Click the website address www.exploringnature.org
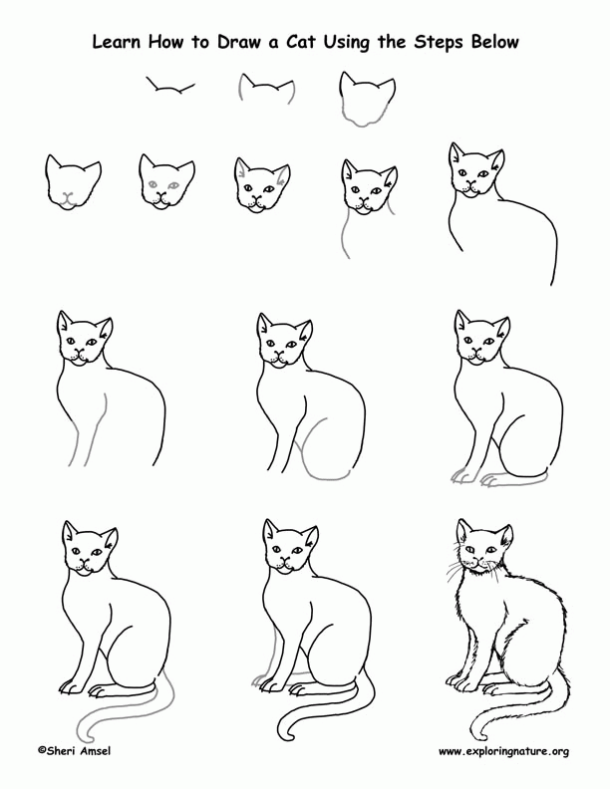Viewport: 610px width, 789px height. [503, 750]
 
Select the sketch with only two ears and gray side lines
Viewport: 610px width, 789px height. [266, 93]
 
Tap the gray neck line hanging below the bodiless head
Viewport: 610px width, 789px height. [346, 239]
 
